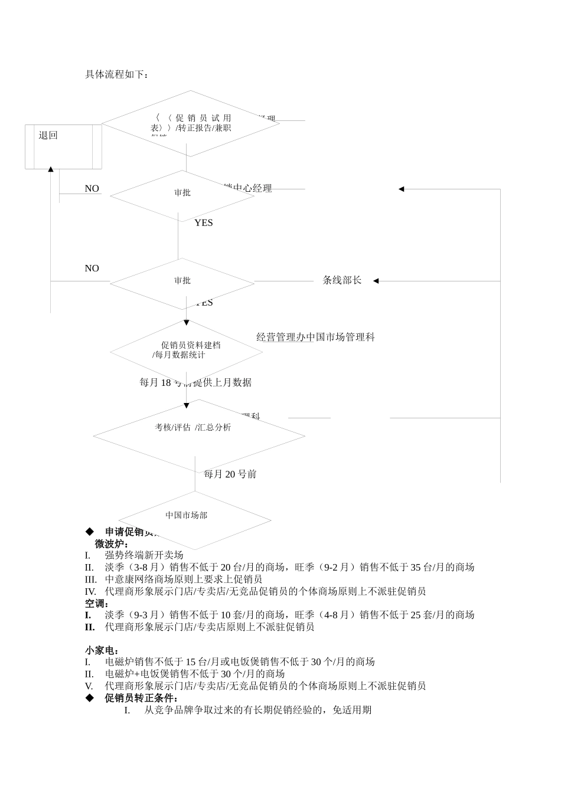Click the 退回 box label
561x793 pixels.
[48, 136]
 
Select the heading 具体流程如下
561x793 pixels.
[117, 74]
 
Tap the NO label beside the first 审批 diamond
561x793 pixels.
[92, 189]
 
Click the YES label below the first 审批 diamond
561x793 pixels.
[204, 223]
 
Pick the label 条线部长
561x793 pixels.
[342, 280]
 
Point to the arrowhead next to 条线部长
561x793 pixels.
[376, 281]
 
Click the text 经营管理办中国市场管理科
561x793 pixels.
[315, 337]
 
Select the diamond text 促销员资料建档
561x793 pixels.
[191, 345]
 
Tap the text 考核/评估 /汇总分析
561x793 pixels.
[193, 427]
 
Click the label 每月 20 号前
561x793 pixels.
[230, 474]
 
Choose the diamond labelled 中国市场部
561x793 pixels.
[187, 516]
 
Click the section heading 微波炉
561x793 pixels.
[112, 543]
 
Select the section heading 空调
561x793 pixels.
[96, 603]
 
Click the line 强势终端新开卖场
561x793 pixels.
[144, 555]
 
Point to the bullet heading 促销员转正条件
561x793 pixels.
[141, 698]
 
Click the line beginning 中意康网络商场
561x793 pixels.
[183, 579]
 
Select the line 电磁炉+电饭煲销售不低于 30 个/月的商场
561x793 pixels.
[195, 674]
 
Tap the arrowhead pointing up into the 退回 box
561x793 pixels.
[51, 170]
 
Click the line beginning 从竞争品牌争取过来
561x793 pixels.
[258, 710]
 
